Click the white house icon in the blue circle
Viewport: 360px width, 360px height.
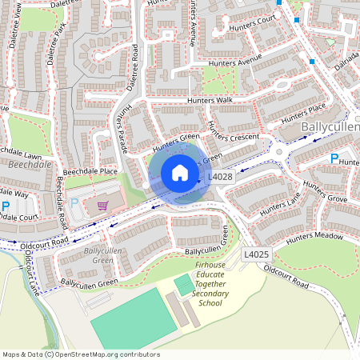(x=180, y=173)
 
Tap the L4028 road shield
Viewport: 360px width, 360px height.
(x=220, y=177)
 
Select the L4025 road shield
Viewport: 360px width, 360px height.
(x=256, y=254)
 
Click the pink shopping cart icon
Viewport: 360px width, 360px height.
(x=102, y=205)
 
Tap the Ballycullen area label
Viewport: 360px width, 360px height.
(x=330, y=127)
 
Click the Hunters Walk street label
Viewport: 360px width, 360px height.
(x=209, y=101)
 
